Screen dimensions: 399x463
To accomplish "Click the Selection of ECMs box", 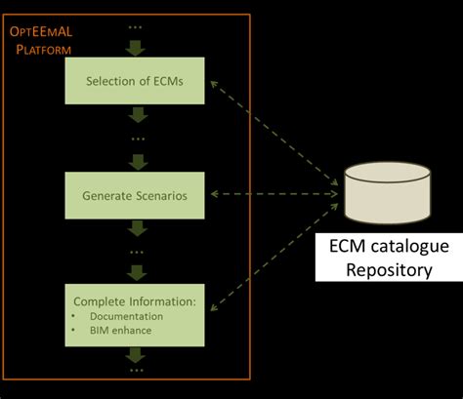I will click(136, 79).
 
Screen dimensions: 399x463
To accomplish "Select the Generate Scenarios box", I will click(136, 195).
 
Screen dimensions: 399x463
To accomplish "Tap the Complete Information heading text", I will click(136, 302).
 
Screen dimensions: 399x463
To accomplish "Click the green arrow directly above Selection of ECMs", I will click(137, 45).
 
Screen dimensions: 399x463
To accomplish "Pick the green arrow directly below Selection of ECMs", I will click(137, 116).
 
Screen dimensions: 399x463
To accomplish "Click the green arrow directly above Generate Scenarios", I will click(137, 161).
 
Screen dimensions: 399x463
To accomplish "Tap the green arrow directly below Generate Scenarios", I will click(137, 228).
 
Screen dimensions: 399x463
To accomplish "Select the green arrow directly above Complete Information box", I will click(137, 272).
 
